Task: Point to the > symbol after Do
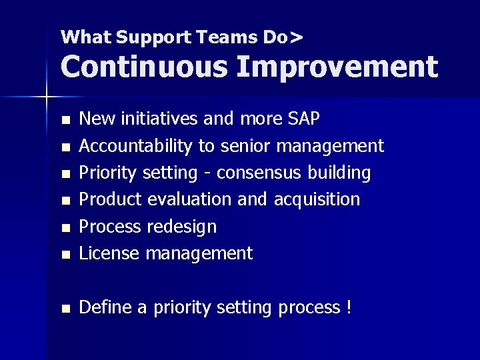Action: point(296,37)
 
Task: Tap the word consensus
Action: point(259,173)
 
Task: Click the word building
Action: point(339,173)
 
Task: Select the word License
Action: point(109,253)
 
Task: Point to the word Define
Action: point(107,307)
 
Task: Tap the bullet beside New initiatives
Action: point(65,121)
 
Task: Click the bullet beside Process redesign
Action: point(65,228)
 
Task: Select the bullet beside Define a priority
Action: point(65,309)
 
